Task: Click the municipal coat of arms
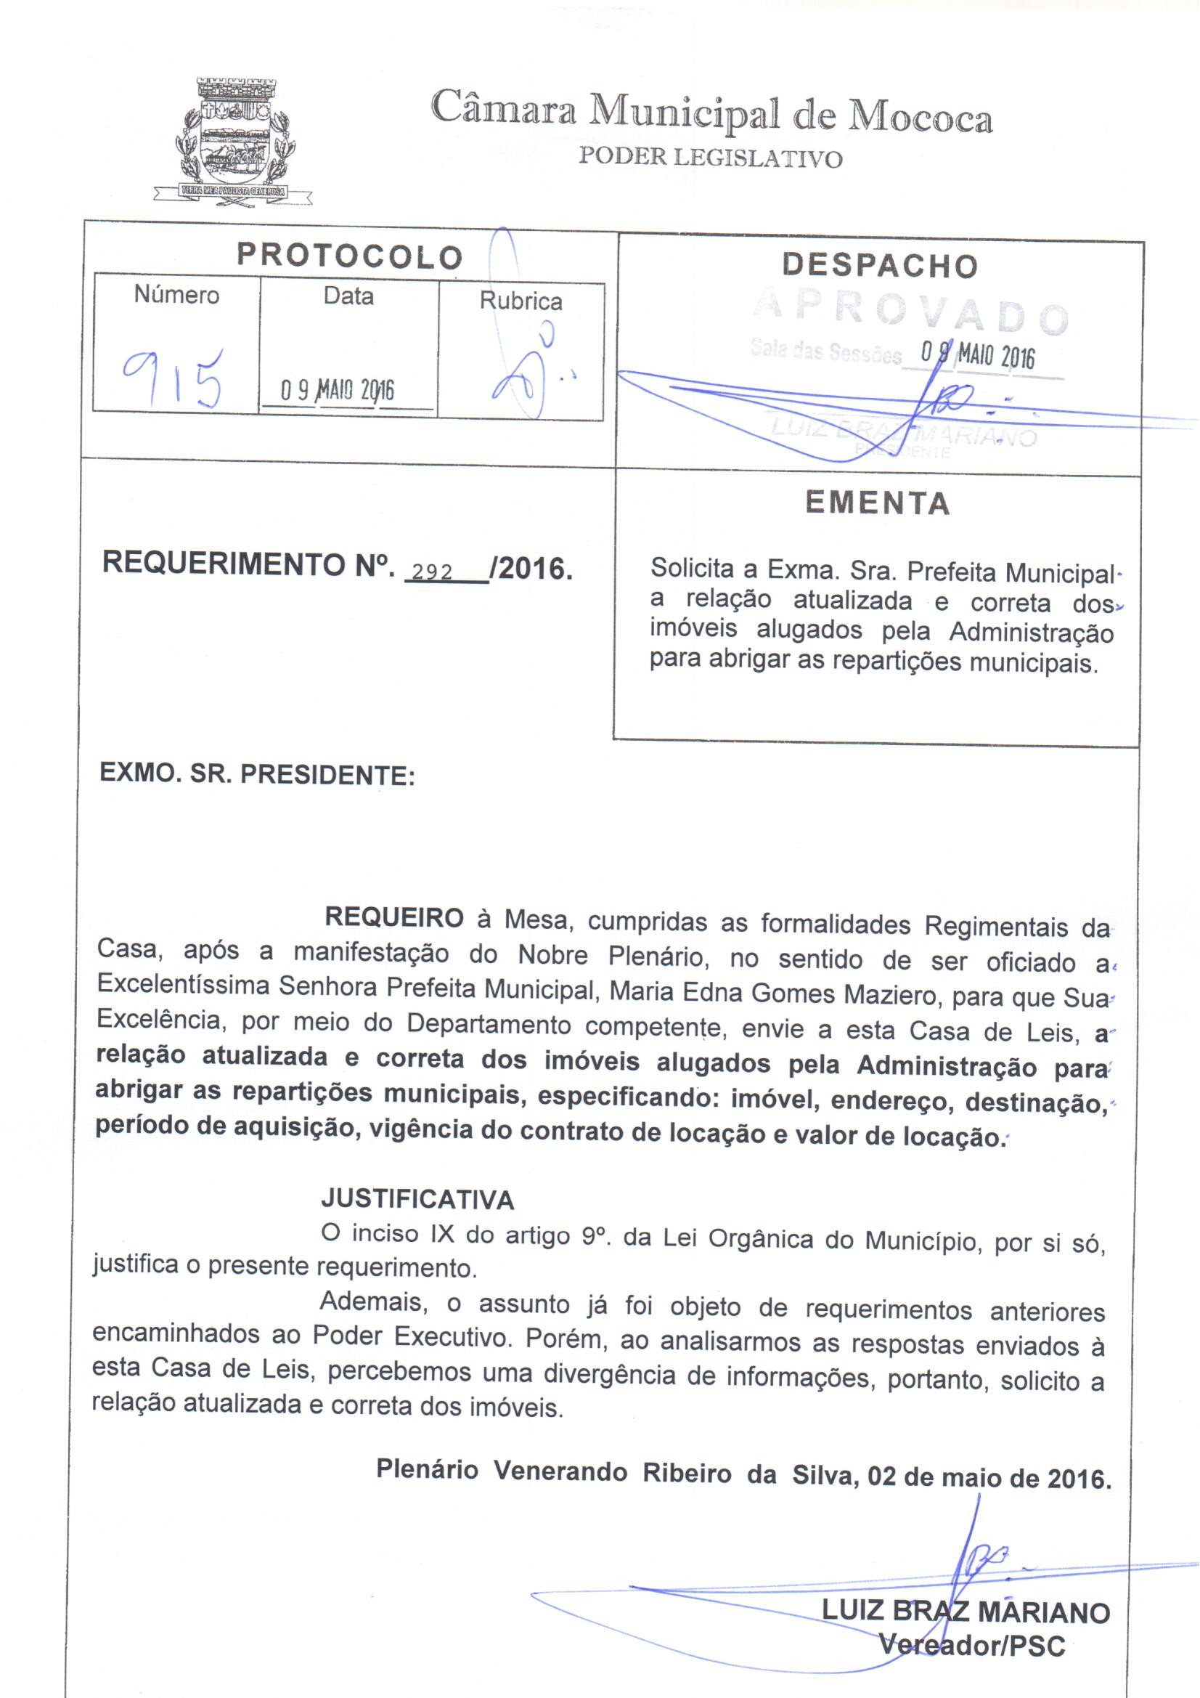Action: click(x=233, y=140)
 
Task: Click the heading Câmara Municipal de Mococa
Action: click(x=711, y=113)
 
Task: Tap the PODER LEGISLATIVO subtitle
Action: click(x=710, y=158)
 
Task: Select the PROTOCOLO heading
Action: click(x=350, y=256)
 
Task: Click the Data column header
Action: click(x=348, y=296)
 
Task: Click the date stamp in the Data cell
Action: click(x=337, y=390)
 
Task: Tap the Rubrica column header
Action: click(x=521, y=301)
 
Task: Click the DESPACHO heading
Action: click(x=880, y=266)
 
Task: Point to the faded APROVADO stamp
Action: click(x=911, y=314)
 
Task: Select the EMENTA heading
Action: click(x=878, y=503)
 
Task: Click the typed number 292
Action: click(x=433, y=572)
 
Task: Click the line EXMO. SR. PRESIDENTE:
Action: click(x=256, y=774)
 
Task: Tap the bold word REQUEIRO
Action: click(x=394, y=917)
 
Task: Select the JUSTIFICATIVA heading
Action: click(x=417, y=1199)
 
